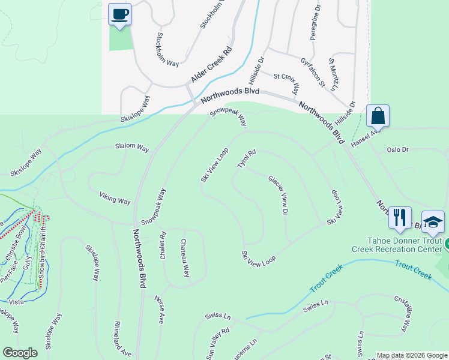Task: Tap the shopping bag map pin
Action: click(x=378, y=115)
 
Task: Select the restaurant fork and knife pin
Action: click(x=400, y=218)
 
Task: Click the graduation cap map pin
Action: click(x=433, y=222)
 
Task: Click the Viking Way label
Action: click(x=115, y=197)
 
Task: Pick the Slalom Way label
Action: click(x=132, y=147)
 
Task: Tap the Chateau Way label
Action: click(x=185, y=258)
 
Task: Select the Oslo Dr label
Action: click(x=397, y=149)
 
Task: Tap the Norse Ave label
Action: click(x=159, y=310)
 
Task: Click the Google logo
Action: click(x=20, y=353)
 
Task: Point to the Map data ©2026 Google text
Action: click(x=412, y=355)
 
